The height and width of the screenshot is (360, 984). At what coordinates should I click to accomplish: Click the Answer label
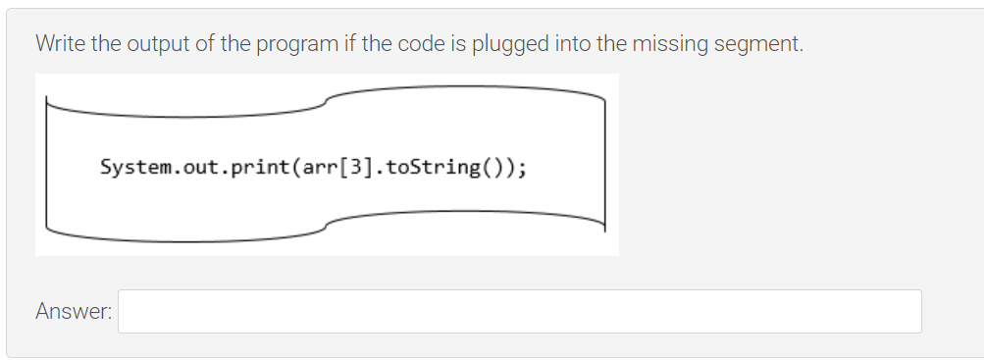tap(74, 312)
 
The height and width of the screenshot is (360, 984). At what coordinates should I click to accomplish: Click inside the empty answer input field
tap(520, 311)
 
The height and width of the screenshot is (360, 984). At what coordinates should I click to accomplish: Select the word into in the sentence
tap(573, 43)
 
